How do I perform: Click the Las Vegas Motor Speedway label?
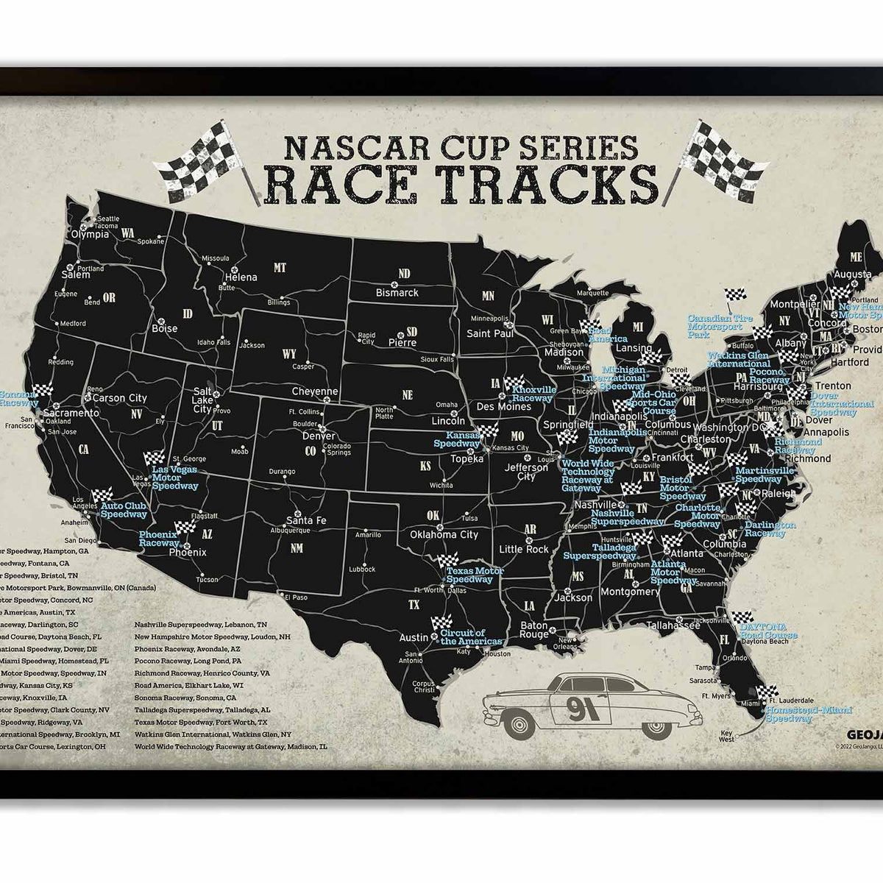pos(175,477)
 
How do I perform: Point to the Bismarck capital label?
pos(397,292)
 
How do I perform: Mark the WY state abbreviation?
pos(289,354)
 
